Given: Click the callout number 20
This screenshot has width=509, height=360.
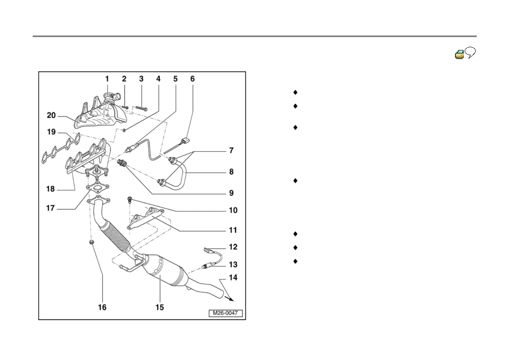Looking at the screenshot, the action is tap(51, 115).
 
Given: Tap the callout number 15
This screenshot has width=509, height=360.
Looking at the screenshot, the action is tap(160, 307).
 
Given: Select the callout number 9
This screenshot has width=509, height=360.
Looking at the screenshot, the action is tap(232, 193).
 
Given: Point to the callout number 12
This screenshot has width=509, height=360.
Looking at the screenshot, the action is tap(233, 247).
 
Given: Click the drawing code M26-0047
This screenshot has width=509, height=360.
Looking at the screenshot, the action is tap(225, 313).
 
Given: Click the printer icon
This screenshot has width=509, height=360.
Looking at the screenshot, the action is tap(459, 54).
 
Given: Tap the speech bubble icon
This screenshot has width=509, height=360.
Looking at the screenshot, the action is tap(470, 52).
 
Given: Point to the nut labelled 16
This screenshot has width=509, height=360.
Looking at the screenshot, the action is tap(92, 242).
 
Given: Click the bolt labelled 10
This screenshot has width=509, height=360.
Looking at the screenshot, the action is tap(130, 200).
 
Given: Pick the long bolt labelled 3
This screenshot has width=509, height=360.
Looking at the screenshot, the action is tap(142, 108).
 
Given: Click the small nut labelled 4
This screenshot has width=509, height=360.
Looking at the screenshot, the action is tap(124, 130).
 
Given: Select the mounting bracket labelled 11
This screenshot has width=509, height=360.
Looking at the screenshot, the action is tap(146, 218).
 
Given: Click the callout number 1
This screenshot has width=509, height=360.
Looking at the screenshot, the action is tap(107, 79).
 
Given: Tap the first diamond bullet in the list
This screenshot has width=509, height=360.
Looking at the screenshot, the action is tap(295, 92).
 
